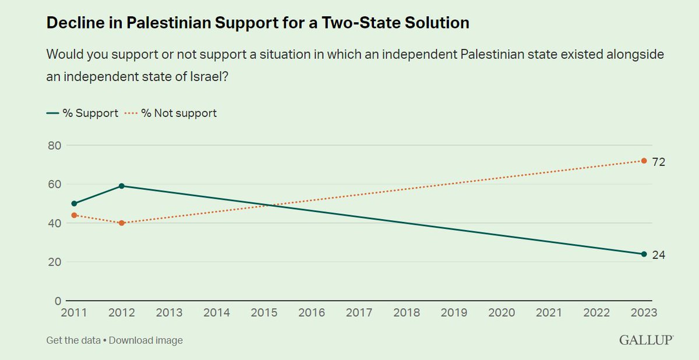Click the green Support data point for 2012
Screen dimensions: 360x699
(121, 186)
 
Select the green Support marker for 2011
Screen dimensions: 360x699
(74, 203)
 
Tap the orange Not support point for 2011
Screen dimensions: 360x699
(74, 215)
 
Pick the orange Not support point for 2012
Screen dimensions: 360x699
(121, 223)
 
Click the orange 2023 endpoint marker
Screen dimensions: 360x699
(644, 161)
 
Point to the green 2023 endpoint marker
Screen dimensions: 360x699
(644, 254)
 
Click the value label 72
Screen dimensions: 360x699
(659, 162)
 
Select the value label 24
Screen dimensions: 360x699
(659, 255)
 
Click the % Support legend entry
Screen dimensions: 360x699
(82, 113)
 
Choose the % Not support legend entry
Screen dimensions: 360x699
(172, 113)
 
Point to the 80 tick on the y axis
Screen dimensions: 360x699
(54, 145)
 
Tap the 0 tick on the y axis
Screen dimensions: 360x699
(58, 301)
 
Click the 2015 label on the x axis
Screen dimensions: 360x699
(264, 313)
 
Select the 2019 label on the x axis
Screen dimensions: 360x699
(454, 313)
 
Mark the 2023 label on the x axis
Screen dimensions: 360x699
(643, 313)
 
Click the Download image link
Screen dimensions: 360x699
(146, 340)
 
